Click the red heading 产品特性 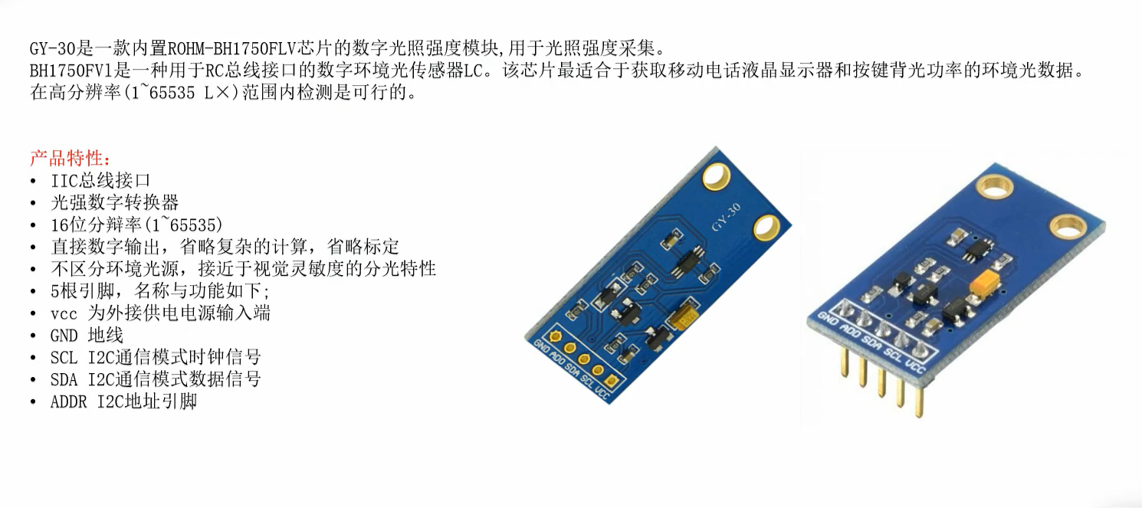pyautogui.click(x=70, y=159)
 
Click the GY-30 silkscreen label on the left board pyautogui.click(x=724, y=225)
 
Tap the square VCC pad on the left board pyautogui.click(x=611, y=381)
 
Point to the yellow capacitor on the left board pyautogui.click(x=682, y=317)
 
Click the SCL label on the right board pyautogui.click(x=893, y=351)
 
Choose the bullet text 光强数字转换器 pyautogui.click(x=114, y=202)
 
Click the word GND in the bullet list pyautogui.click(x=65, y=336)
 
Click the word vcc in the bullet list pyautogui.click(x=65, y=313)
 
